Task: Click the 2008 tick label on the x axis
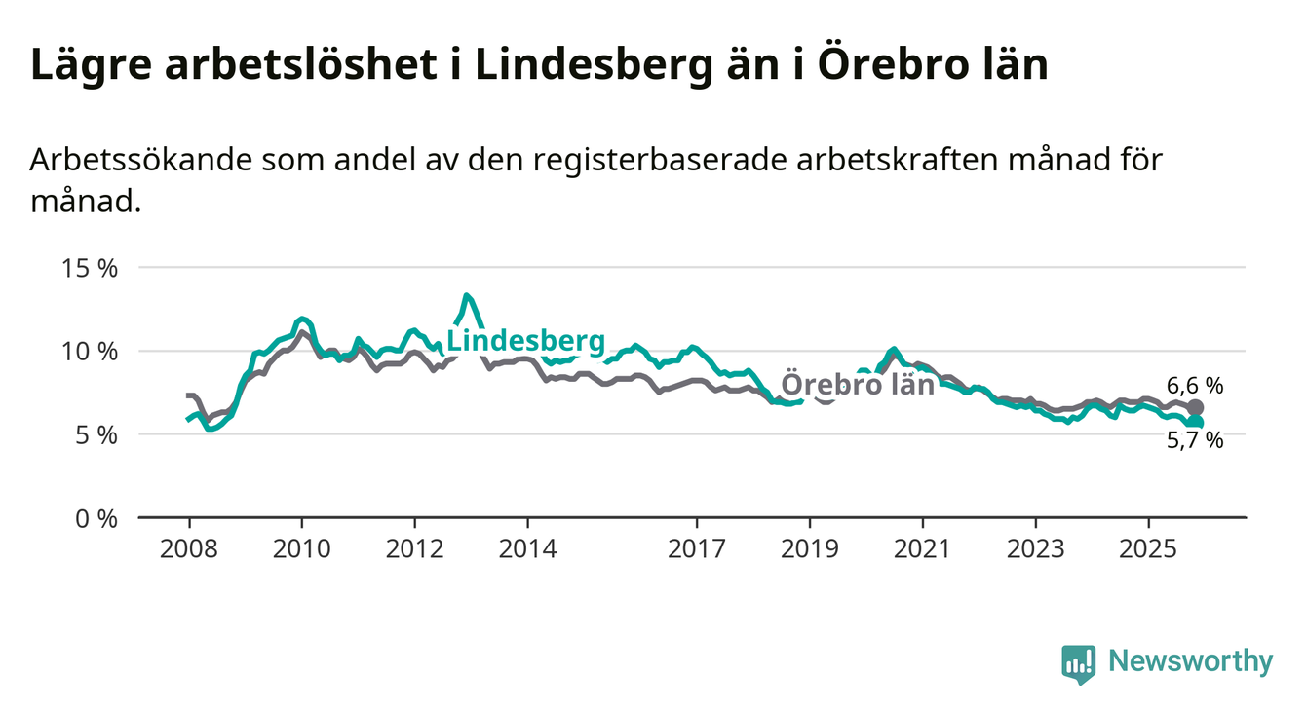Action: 189,548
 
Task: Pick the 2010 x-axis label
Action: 302,548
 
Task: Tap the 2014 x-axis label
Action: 527,548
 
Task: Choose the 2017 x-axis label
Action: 697,548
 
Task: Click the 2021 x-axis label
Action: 922,548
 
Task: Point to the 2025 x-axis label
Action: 1148,548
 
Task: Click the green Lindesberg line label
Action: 525,341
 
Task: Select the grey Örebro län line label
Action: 859,384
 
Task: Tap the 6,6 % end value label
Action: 1194,385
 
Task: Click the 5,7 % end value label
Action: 1194,440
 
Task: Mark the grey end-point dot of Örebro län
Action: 1196,407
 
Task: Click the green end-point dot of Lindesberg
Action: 1196,422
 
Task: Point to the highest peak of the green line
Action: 468,295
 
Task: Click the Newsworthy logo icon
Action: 1078,663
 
